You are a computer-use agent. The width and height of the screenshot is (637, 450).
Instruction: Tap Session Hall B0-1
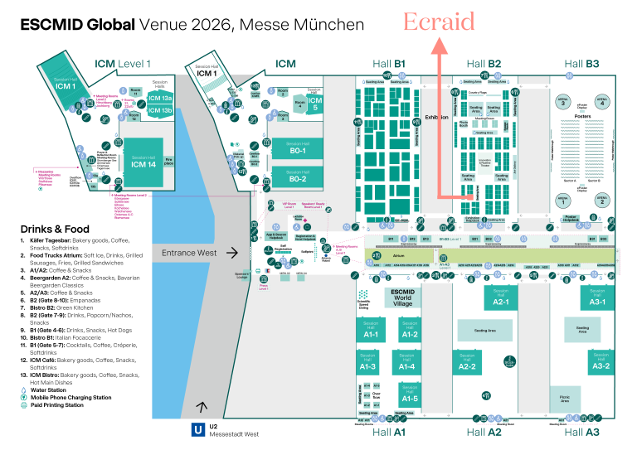(298, 150)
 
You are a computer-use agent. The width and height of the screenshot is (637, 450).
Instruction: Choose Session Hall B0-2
(298, 177)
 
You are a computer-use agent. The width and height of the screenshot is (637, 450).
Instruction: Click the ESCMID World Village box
(401, 297)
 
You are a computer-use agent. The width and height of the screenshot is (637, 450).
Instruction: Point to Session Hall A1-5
(407, 396)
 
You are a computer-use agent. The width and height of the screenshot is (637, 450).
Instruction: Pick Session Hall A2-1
(501, 299)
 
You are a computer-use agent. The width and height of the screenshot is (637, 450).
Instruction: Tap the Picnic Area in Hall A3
(570, 399)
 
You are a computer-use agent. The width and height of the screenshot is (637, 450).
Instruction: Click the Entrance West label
(189, 253)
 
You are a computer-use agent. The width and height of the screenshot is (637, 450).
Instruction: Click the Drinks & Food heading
(56, 229)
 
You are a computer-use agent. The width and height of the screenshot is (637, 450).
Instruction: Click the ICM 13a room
(160, 98)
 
